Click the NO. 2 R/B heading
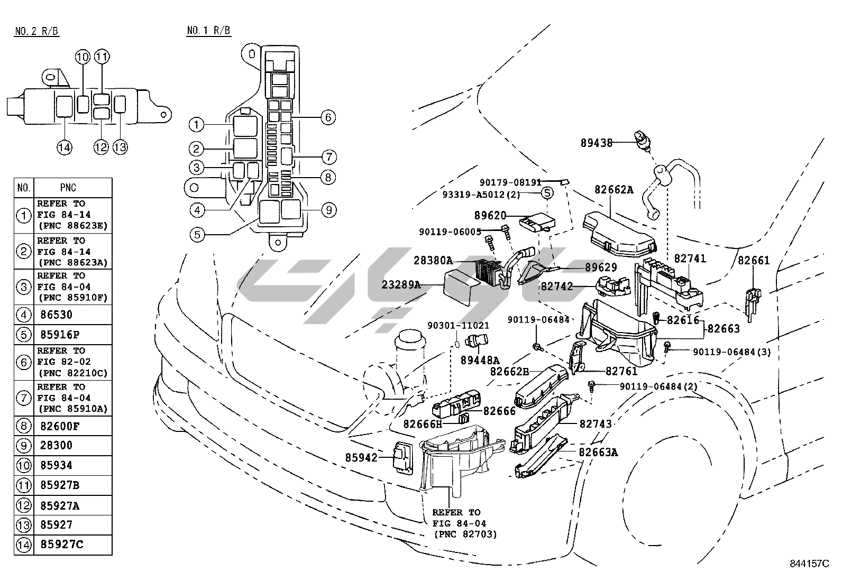[37, 31]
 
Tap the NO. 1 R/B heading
[208, 30]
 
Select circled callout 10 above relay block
[83, 57]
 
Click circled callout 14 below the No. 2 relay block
[65, 147]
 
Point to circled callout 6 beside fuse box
[328, 117]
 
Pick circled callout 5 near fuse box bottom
[197, 235]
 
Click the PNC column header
[68, 188]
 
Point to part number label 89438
[597, 143]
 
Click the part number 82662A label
[614, 190]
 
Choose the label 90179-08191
[510, 182]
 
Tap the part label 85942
[361, 457]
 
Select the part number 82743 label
[596, 423]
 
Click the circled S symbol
[547, 193]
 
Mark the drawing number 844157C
[809, 564]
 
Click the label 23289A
[401, 284]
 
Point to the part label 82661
[754, 260]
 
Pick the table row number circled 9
[24, 446]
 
